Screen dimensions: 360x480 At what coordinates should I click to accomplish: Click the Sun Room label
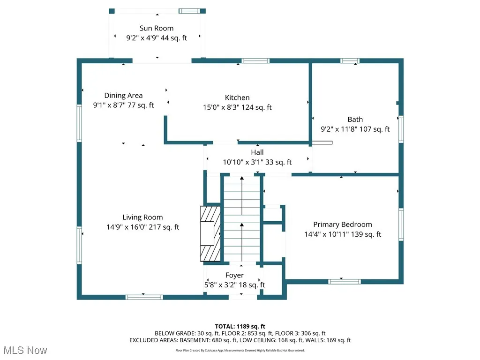(x=156, y=29)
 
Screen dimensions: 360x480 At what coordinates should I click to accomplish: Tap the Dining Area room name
(x=123, y=96)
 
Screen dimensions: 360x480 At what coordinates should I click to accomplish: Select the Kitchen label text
(x=237, y=97)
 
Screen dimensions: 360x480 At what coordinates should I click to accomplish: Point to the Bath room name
(x=355, y=120)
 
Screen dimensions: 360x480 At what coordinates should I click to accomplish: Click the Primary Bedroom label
(x=342, y=225)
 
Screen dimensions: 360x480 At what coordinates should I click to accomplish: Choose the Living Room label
(x=142, y=217)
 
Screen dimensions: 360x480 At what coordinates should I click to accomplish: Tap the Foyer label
(x=234, y=275)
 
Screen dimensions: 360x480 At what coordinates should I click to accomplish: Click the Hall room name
(x=257, y=152)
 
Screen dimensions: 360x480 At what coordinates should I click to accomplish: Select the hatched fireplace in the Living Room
(x=210, y=233)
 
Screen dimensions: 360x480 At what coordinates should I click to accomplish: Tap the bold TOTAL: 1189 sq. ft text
(x=240, y=326)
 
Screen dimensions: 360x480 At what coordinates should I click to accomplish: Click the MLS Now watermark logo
(x=24, y=350)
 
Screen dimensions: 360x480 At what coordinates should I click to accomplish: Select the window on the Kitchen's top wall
(x=255, y=61)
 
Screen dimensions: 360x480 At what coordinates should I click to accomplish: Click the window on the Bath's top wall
(x=349, y=61)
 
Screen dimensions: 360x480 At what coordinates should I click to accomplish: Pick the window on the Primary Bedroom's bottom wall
(x=344, y=282)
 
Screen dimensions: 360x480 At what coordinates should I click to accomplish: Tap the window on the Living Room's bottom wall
(x=144, y=297)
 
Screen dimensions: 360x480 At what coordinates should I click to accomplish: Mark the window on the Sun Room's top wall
(x=188, y=11)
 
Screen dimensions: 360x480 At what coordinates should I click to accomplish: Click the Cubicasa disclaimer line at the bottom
(x=240, y=350)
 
